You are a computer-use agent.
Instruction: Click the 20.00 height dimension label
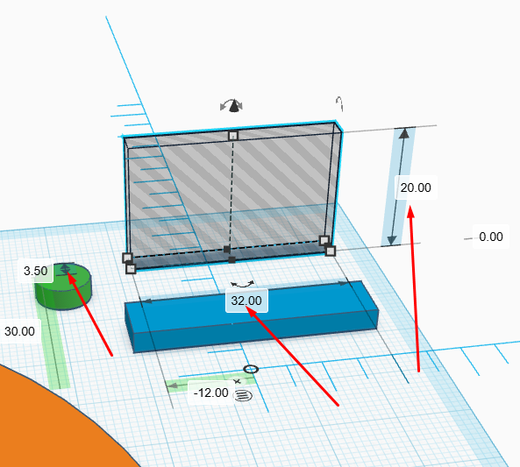[x=416, y=188]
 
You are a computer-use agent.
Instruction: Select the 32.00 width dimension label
[x=246, y=301]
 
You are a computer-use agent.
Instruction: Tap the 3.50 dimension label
[x=35, y=271]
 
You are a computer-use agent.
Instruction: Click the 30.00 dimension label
[x=19, y=331]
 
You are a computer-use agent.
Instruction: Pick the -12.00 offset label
[x=211, y=393]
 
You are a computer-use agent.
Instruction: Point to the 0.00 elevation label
[x=491, y=237]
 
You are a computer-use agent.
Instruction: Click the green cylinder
[x=63, y=287]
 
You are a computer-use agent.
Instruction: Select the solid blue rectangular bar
[x=252, y=317]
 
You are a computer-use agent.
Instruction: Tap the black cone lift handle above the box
[x=234, y=106]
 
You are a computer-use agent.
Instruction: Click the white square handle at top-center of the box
[x=233, y=136]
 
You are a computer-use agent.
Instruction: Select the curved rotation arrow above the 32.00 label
[x=242, y=284]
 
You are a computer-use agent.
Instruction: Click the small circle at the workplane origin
[x=251, y=369]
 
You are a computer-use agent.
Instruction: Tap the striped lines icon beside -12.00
[x=243, y=395]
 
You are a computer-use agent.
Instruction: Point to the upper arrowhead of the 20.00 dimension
[x=404, y=133]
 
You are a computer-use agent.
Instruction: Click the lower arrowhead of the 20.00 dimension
[x=392, y=240]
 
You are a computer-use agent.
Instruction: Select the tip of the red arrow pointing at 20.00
[x=410, y=206]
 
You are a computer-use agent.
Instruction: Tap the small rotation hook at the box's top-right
[x=339, y=103]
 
